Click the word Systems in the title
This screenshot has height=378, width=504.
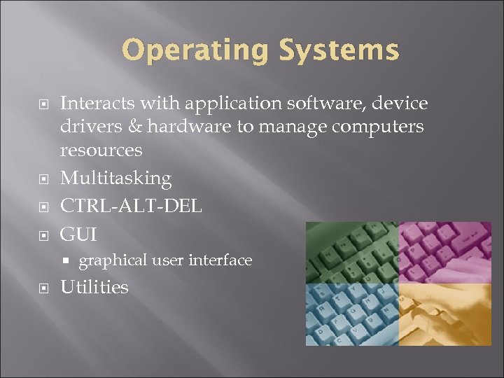[x=338, y=51]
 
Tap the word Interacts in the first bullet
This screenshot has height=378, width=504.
[x=97, y=104]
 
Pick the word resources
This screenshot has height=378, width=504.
[x=101, y=150]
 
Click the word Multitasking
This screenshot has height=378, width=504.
[x=115, y=178]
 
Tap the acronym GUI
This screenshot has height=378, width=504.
[x=78, y=233]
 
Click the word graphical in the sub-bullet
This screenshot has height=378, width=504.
[x=113, y=260]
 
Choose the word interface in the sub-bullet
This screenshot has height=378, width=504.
[x=220, y=260]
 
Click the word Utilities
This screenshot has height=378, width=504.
[x=94, y=287]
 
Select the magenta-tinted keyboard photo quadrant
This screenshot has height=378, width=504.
[x=445, y=253]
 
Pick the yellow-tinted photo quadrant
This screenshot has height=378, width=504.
[x=445, y=314]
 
